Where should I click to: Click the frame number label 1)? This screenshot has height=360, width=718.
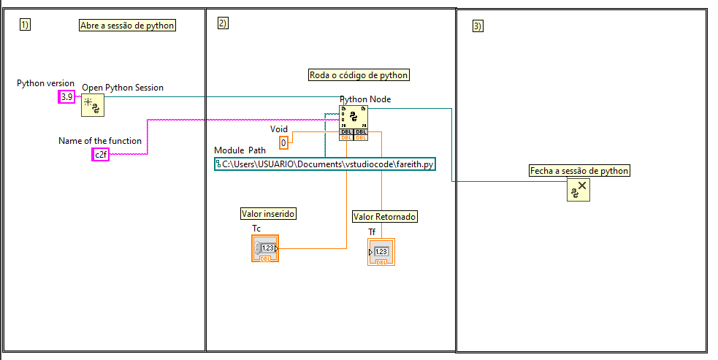[25, 25]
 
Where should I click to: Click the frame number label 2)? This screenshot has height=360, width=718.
[223, 23]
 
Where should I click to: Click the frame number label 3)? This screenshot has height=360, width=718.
[478, 26]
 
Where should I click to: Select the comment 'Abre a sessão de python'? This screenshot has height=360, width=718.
[128, 26]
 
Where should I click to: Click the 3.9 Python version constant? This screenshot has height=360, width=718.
[66, 96]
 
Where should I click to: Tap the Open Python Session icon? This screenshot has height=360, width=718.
[93, 105]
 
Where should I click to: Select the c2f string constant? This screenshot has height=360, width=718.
[100, 154]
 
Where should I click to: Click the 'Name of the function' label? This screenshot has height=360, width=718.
[100, 141]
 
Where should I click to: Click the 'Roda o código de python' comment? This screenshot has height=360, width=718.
[359, 74]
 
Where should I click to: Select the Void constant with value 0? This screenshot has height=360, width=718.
[283, 142]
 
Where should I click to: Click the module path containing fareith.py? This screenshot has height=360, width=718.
[324, 164]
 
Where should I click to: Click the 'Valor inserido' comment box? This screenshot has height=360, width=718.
[268, 213]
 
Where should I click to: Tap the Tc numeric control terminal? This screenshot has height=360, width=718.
[265, 249]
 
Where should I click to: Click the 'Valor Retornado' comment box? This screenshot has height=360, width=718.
[385, 216]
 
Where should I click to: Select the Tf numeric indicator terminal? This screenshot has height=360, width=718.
[381, 252]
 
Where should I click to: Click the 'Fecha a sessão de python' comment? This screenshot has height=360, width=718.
[579, 171]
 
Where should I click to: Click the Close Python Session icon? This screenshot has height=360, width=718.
[578, 190]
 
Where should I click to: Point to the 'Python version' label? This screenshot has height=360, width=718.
[46, 83]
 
